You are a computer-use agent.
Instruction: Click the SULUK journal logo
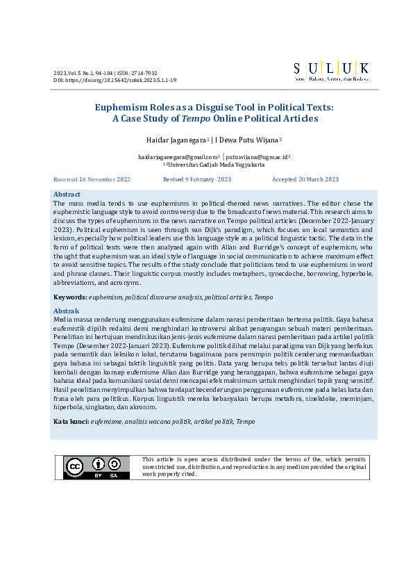pos(330,72)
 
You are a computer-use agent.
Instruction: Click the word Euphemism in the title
pos(120,107)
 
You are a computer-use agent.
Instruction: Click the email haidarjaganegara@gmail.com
pos(177,158)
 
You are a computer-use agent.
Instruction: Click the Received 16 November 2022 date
pos(92,179)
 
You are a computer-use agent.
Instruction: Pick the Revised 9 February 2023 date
pos(196,179)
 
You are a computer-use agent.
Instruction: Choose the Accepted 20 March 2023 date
pos(305,179)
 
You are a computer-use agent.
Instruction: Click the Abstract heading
pos(67,195)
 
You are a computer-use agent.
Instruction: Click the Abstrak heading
pos(66,311)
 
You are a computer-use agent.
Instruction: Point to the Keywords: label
pos(70,297)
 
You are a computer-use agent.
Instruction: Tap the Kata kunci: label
pos(71,422)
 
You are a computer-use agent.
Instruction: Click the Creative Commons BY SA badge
pos(96,468)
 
